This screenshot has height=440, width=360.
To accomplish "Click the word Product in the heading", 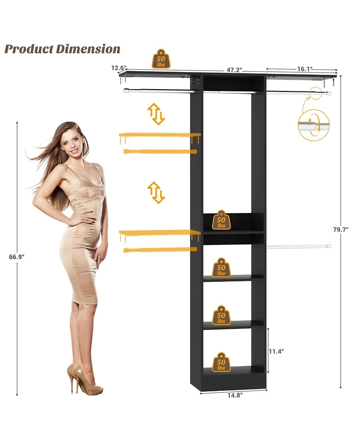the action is pyautogui.click(x=29, y=49).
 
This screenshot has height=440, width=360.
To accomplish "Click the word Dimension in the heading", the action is pyautogui.click(x=88, y=49).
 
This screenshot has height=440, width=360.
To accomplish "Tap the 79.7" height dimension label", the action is pyautogui.click(x=341, y=230).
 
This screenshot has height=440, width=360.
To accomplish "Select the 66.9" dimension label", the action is pyautogui.click(x=17, y=257).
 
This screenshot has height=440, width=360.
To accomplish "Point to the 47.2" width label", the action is pyautogui.click(x=234, y=70).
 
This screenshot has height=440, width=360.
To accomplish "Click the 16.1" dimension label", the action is pyautogui.click(x=305, y=69).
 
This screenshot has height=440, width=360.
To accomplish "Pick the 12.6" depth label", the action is pyautogui.click(x=119, y=68).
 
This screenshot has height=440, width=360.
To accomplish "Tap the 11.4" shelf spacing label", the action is pyautogui.click(x=276, y=351).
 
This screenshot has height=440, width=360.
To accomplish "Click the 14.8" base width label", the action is pyautogui.click(x=235, y=395).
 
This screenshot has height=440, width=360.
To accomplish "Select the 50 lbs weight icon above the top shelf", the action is pyautogui.click(x=161, y=59).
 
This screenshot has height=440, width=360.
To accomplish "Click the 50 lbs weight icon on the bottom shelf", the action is pyautogui.click(x=221, y=362).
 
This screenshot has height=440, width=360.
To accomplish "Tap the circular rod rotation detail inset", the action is pyautogui.click(x=314, y=125).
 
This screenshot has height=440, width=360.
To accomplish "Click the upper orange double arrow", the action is pyautogui.click(x=156, y=114).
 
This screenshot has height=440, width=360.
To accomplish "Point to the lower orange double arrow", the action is pyautogui.click(x=156, y=192).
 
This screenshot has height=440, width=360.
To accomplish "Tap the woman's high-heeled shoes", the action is pyautogui.click(x=85, y=380).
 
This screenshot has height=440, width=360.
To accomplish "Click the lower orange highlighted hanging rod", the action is pyautogui.click(x=160, y=249).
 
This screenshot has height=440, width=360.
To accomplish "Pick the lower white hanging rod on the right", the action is pyautogui.click(x=299, y=247).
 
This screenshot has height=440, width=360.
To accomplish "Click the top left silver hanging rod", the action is pyautogui.click(x=158, y=91).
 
